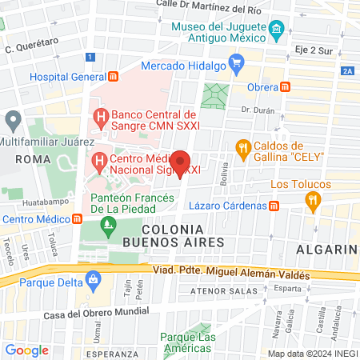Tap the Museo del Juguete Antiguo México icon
278,32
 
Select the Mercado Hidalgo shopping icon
236,62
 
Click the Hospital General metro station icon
113,77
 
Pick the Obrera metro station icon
286,86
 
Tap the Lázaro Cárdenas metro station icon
274,206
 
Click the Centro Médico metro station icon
77,219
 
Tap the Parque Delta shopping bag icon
94,280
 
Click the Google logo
26,350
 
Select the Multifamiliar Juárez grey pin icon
13,122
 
